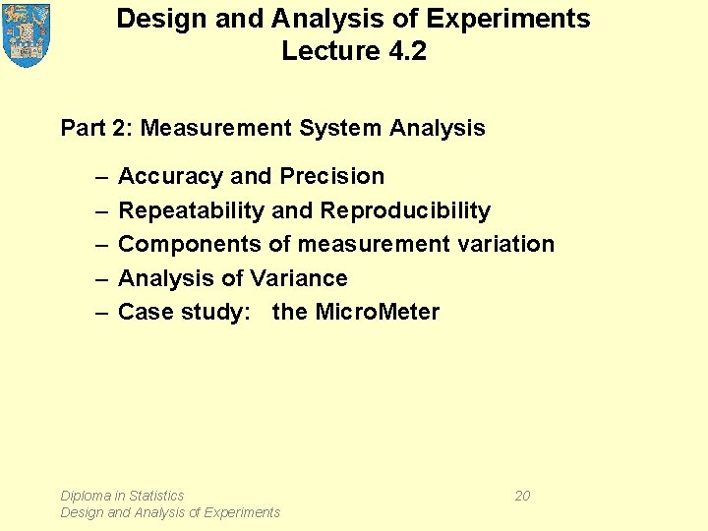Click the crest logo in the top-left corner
[27, 34]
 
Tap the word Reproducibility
[405, 210]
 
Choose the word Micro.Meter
[377, 312]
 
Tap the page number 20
[522, 496]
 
